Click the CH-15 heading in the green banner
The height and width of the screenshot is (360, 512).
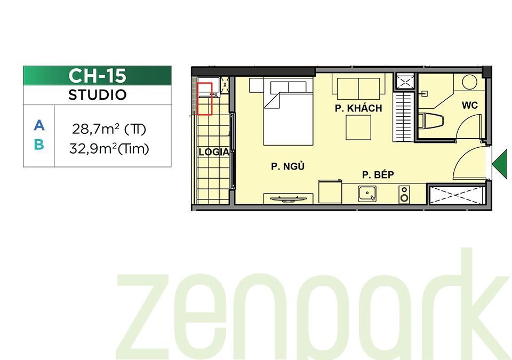tap(97, 76)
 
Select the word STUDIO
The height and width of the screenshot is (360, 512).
tap(97, 95)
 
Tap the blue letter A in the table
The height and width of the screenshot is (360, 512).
tap(39, 125)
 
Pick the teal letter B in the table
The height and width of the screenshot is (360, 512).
tap(39, 145)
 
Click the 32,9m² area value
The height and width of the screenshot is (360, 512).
tap(93, 149)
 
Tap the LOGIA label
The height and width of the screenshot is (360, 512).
tap(214, 152)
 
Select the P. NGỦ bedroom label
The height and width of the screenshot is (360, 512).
tap(287, 166)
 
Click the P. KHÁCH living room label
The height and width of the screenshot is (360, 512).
tap(358, 108)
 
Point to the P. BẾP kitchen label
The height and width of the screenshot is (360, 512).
tap(378, 174)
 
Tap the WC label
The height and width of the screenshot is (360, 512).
tap(469, 105)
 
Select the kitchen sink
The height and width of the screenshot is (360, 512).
tap(367, 194)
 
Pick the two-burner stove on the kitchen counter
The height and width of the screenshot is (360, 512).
tap(404, 194)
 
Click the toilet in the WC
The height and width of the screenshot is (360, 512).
tap(431, 121)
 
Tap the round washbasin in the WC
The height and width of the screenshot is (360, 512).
tap(469, 82)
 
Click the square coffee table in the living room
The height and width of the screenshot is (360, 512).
tap(358, 127)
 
